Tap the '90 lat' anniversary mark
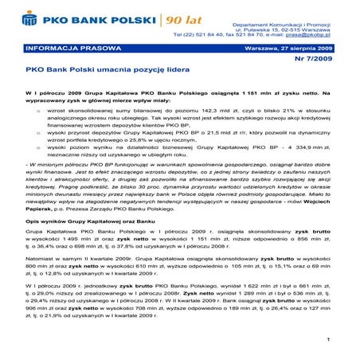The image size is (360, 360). click(x=181, y=18)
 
